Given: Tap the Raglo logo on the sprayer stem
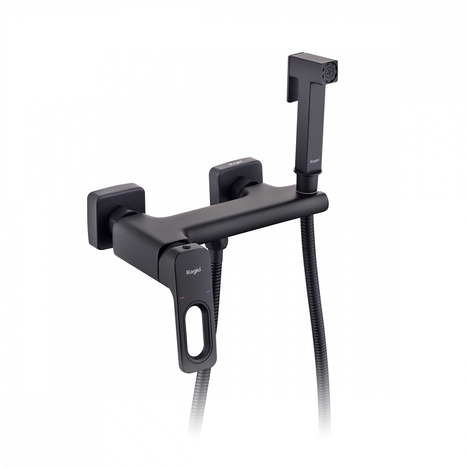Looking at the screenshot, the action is click(315, 161).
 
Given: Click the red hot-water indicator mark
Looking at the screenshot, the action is click(182, 297).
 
